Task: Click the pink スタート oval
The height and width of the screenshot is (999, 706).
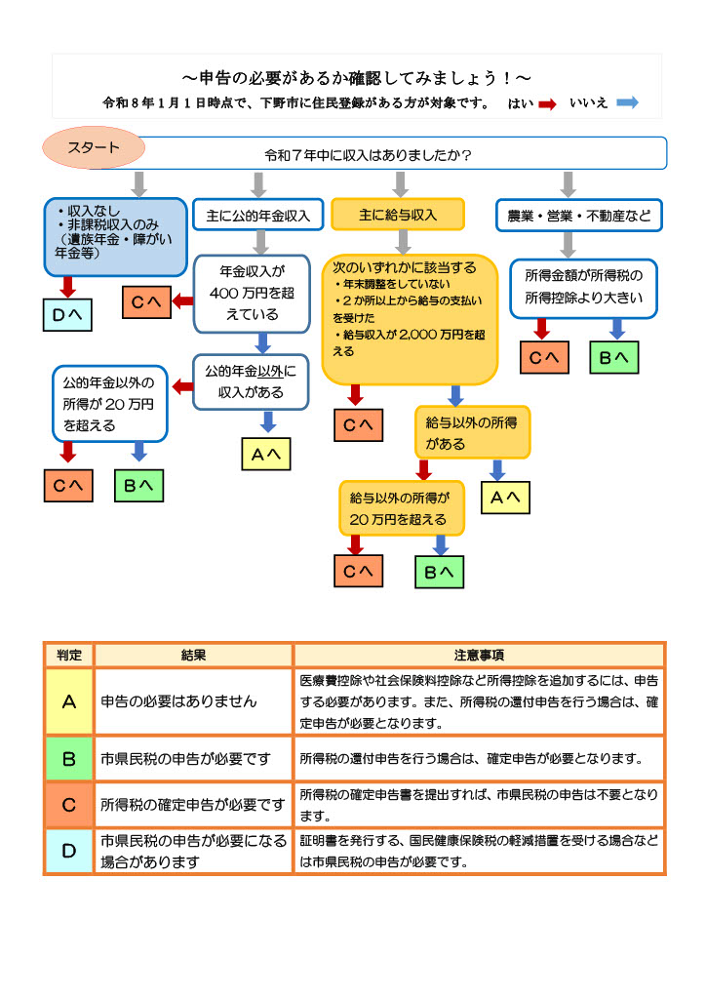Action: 94,148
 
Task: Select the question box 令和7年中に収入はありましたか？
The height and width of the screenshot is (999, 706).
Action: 369,155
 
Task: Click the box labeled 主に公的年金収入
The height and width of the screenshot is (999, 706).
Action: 257,215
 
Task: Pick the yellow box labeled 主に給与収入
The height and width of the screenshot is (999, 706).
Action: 398,215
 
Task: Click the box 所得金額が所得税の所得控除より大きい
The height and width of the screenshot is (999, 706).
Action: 583,288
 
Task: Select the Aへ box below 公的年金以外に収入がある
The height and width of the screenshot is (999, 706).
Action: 267,454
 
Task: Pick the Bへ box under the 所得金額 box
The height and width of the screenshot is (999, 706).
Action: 615,358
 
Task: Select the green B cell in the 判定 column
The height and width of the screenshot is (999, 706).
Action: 69,758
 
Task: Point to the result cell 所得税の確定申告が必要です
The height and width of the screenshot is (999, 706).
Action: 193,805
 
